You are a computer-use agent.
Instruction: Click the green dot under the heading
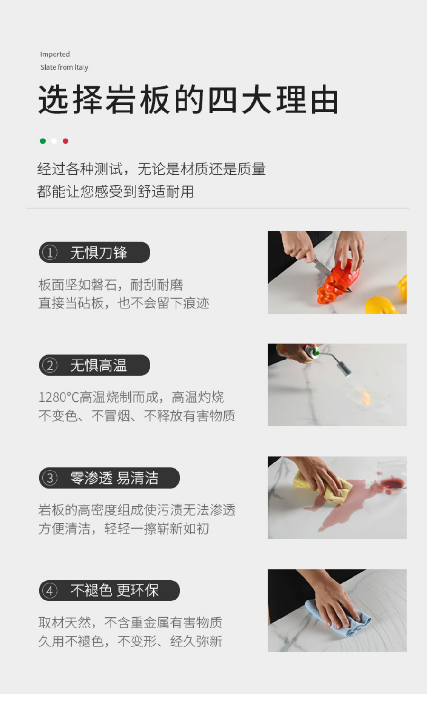(43, 141)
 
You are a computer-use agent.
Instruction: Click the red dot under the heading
(65, 141)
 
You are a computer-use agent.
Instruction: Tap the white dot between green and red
(54, 141)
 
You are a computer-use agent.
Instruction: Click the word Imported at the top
(55, 54)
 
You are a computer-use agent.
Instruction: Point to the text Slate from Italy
(64, 67)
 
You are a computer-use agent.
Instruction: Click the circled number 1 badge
(50, 253)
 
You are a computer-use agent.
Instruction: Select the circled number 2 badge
(50, 365)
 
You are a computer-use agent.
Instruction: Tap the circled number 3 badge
(50, 478)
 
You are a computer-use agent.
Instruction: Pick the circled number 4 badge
(50, 591)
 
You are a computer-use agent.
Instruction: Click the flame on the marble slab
(366, 397)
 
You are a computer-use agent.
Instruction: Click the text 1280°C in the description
(59, 397)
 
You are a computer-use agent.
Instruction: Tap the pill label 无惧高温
(94, 365)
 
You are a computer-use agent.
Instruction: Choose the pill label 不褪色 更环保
(110, 591)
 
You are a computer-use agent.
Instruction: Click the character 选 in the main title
(54, 100)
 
